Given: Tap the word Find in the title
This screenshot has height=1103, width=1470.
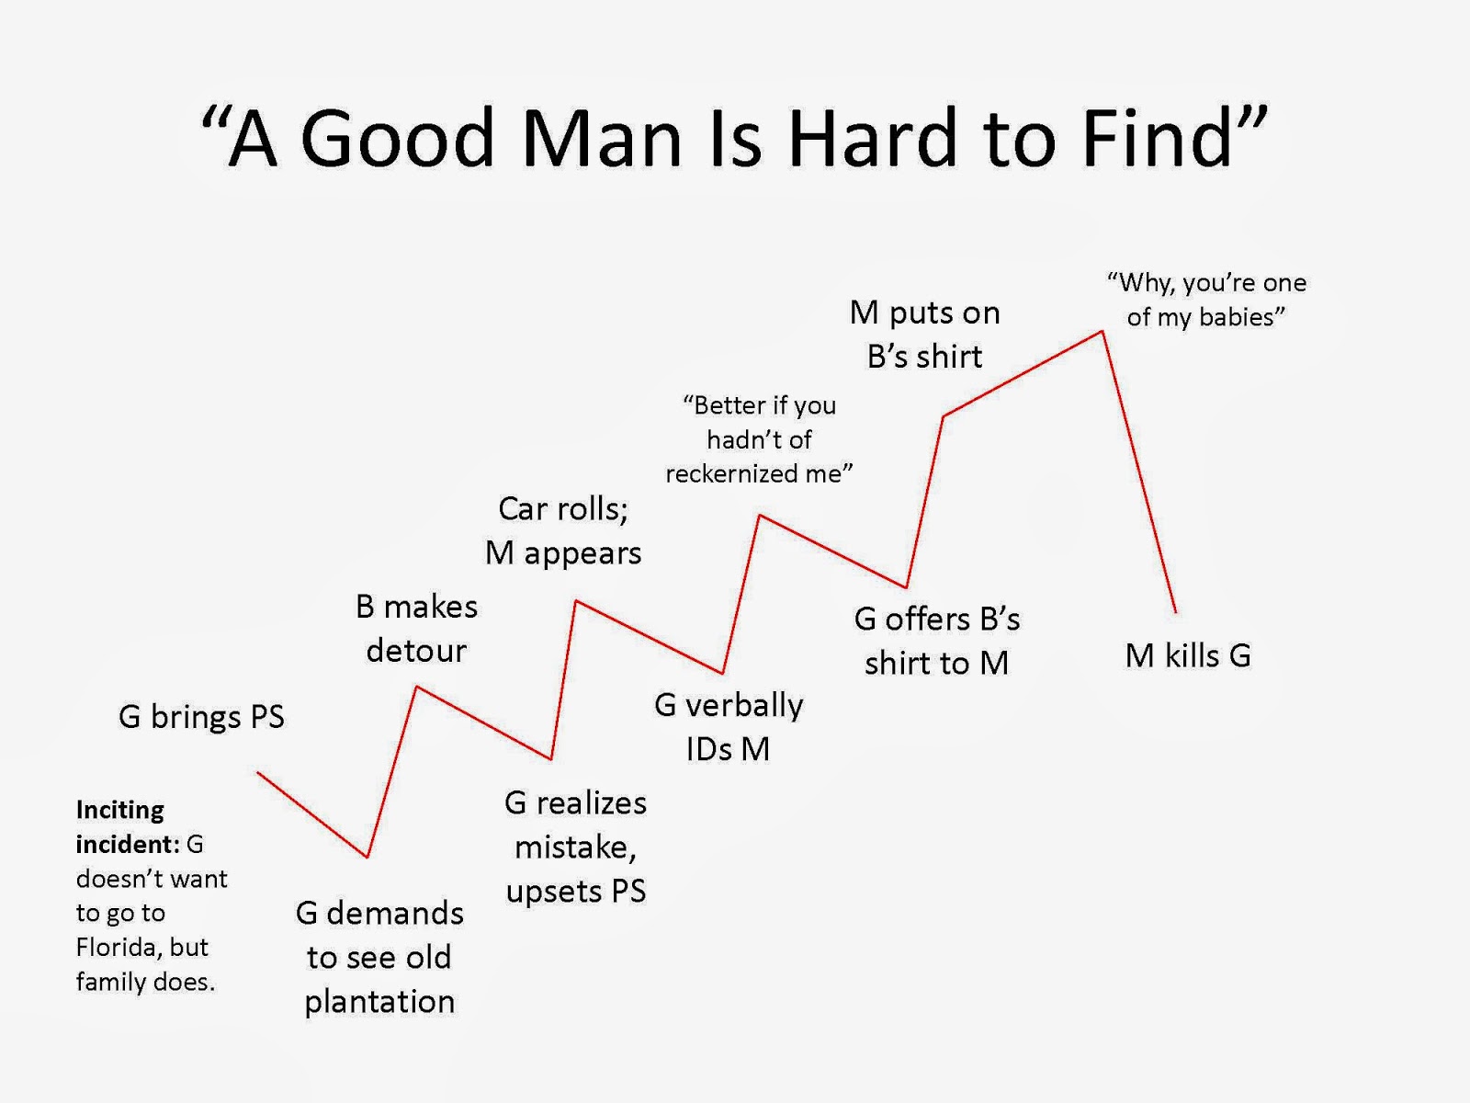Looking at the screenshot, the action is (1158, 137).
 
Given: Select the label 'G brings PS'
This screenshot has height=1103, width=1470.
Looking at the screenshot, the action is (201, 717).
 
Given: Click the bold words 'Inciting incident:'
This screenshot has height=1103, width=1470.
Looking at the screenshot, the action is (127, 827).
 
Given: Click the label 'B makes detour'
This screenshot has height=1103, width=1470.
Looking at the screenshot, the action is (416, 628).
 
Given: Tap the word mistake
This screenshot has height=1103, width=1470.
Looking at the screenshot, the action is (574, 847).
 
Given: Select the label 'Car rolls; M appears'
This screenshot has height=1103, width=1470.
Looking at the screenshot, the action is (563, 531).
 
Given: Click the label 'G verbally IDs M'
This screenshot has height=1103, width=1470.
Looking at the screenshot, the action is (729, 727).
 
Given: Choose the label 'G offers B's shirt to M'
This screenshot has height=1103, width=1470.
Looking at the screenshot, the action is (937, 641).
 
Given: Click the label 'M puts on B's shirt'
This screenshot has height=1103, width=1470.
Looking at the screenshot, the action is (925, 335).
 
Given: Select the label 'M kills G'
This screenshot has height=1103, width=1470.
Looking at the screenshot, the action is (1188, 655).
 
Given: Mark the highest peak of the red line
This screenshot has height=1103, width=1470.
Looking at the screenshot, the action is (1102, 331).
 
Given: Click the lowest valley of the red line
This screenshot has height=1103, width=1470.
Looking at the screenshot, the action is (367, 857).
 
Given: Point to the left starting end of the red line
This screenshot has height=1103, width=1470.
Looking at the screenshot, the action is (258, 773).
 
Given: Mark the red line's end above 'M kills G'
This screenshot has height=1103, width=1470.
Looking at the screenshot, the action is (1176, 612).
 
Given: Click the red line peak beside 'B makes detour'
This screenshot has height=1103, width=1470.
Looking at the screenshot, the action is (416, 687).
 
